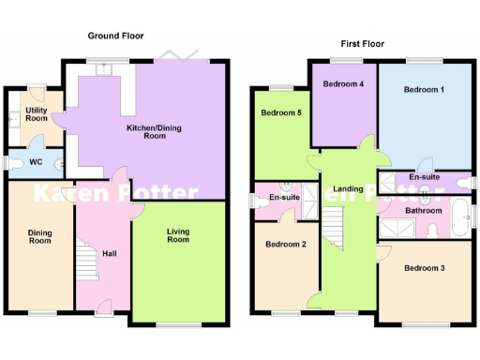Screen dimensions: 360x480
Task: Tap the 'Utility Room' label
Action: pyautogui.click(x=37, y=114)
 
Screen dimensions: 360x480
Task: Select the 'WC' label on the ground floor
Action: pyautogui.click(x=37, y=162)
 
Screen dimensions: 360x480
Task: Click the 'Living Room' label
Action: pyautogui.click(x=177, y=235)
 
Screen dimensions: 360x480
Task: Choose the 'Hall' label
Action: pyautogui.click(x=110, y=253)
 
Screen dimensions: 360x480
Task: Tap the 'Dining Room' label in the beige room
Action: pyautogui.click(x=39, y=235)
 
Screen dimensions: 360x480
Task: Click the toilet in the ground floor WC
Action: pyautogui.click(x=16, y=163)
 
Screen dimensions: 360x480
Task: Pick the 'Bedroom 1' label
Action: pyautogui.click(x=424, y=90)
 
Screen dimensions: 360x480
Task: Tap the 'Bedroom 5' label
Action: pyautogui.click(x=279, y=113)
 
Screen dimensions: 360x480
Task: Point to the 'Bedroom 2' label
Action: pyautogui.click(x=285, y=245)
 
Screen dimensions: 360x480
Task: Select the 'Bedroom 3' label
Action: pyautogui.click(x=424, y=268)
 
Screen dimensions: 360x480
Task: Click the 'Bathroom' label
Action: pyautogui.click(x=423, y=211)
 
